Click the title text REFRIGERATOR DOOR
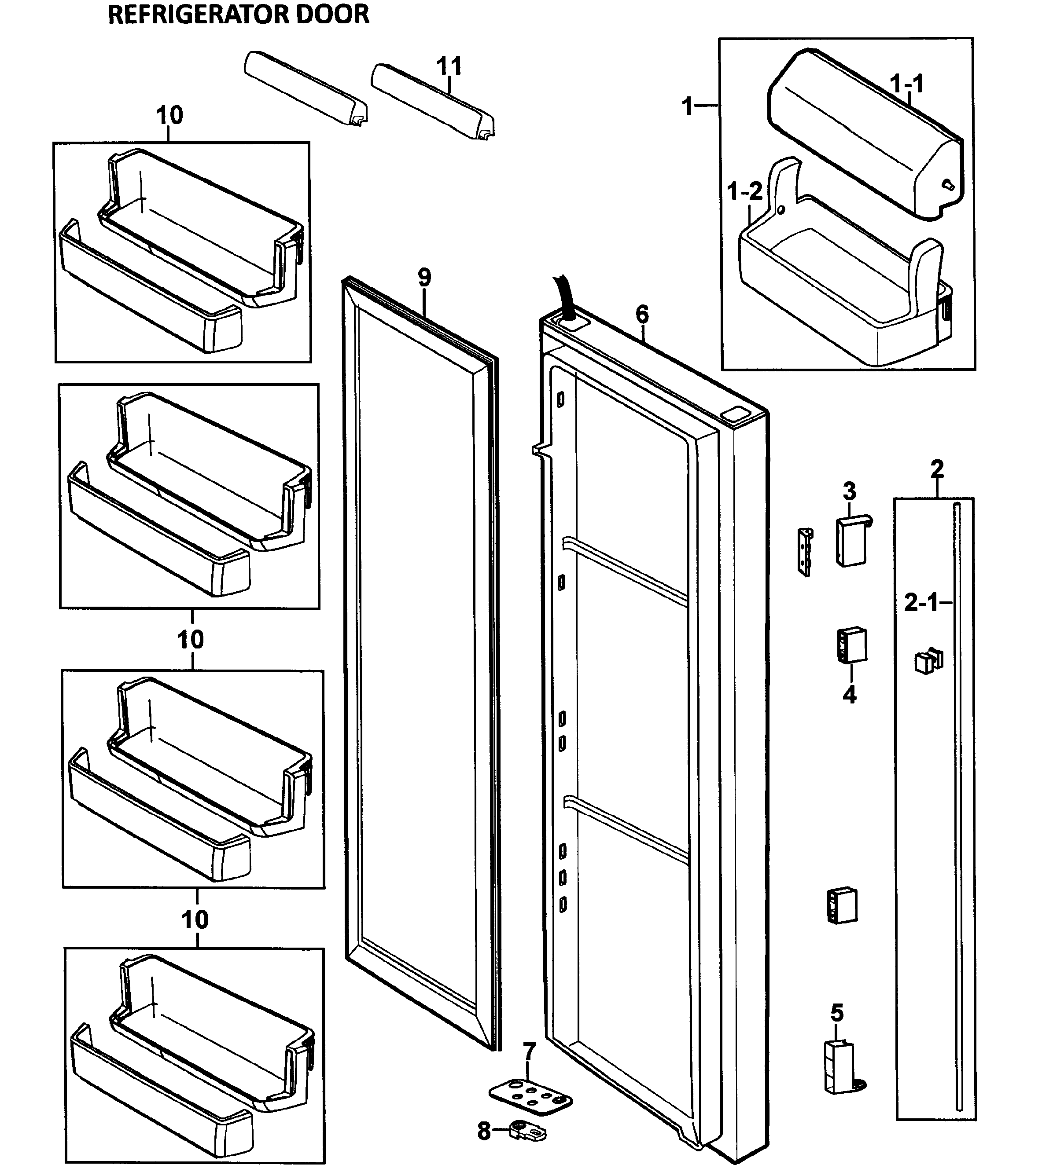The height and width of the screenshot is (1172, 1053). [238, 14]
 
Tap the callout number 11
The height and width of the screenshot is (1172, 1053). [449, 66]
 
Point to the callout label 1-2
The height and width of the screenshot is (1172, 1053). [744, 191]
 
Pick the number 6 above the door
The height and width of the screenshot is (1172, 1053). [642, 315]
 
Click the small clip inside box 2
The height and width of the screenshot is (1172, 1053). [928, 661]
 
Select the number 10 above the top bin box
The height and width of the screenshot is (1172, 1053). [169, 116]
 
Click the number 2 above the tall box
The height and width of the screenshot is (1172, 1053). [937, 469]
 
